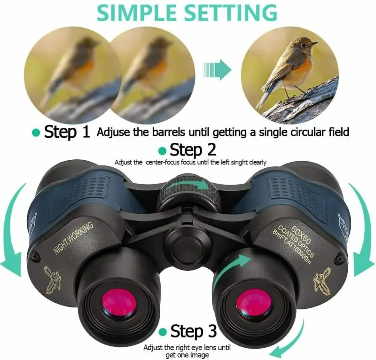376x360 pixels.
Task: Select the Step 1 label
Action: coord(66,132)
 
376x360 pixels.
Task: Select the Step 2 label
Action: coord(193,150)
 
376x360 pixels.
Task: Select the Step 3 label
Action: coord(193,331)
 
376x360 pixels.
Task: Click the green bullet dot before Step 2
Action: coord(163,151)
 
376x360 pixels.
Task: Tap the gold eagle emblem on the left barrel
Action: coord(54,278)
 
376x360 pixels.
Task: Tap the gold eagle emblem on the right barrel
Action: coord(321,277)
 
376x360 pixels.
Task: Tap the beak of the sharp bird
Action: coord(314,44)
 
